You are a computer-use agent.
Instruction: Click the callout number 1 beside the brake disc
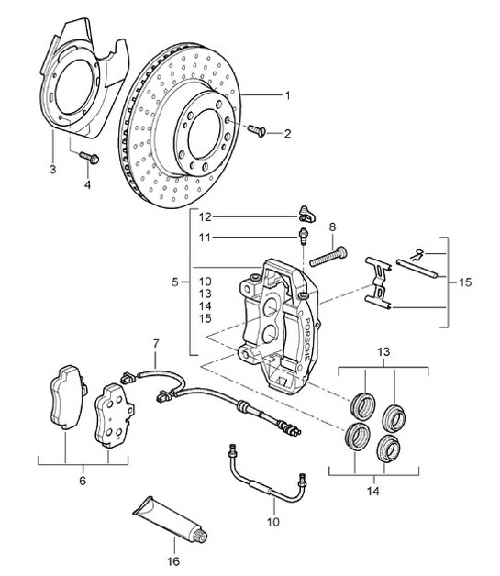point(287,95)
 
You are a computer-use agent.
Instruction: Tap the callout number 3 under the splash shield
point(52,170)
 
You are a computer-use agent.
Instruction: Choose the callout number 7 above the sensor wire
point(156,344)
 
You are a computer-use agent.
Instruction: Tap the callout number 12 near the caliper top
point(206,216)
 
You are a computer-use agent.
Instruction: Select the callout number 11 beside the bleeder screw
point(206,237)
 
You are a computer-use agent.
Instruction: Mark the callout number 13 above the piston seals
point(383,352)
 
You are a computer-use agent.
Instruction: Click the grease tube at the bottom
point(169,519)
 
